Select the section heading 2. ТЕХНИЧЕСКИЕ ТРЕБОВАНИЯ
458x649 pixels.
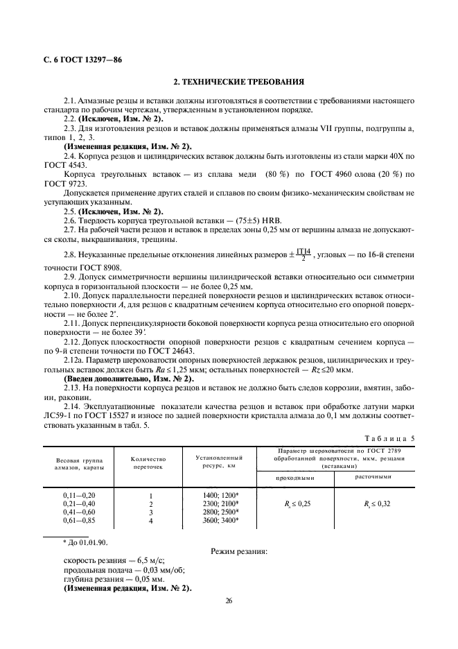pyautogui.click(x=229, y=82)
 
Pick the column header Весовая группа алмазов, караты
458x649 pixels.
pyautogui.click(x=78, y=463)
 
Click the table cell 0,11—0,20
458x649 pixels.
pyautogui.click(x=78, y=494)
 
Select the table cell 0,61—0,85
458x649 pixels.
pyautogui.click(x=78, y=519)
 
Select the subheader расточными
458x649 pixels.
pyautogui.click(x=375, y=477)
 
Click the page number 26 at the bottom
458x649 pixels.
pyautogui.click(x=229, y=601)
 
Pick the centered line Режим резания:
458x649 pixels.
pyautogui.click(x=238, y=552)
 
